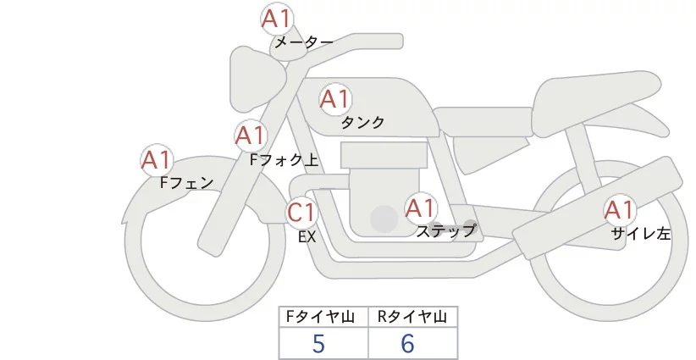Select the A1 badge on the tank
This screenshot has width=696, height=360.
point(334,100)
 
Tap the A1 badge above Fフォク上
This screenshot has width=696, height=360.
point(250,136)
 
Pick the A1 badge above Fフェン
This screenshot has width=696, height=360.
point(157,160)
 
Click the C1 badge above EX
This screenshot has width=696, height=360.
point(301,213)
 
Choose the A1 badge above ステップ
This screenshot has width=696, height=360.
point(421,208)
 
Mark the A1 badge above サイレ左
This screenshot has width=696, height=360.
point(619,211)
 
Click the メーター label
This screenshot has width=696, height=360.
point(303,42)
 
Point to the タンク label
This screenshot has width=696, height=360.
point(362,123)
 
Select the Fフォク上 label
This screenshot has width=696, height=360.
point(284,158)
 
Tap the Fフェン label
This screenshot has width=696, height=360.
point(186,182)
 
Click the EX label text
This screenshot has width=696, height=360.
point(307,237)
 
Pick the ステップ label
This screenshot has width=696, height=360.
point(445,230)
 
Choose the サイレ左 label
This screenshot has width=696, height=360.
point(641,235)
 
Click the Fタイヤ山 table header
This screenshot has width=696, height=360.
point(323,318)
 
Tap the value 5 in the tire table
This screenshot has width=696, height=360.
point(318,343)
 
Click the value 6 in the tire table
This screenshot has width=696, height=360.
point(408,343)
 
